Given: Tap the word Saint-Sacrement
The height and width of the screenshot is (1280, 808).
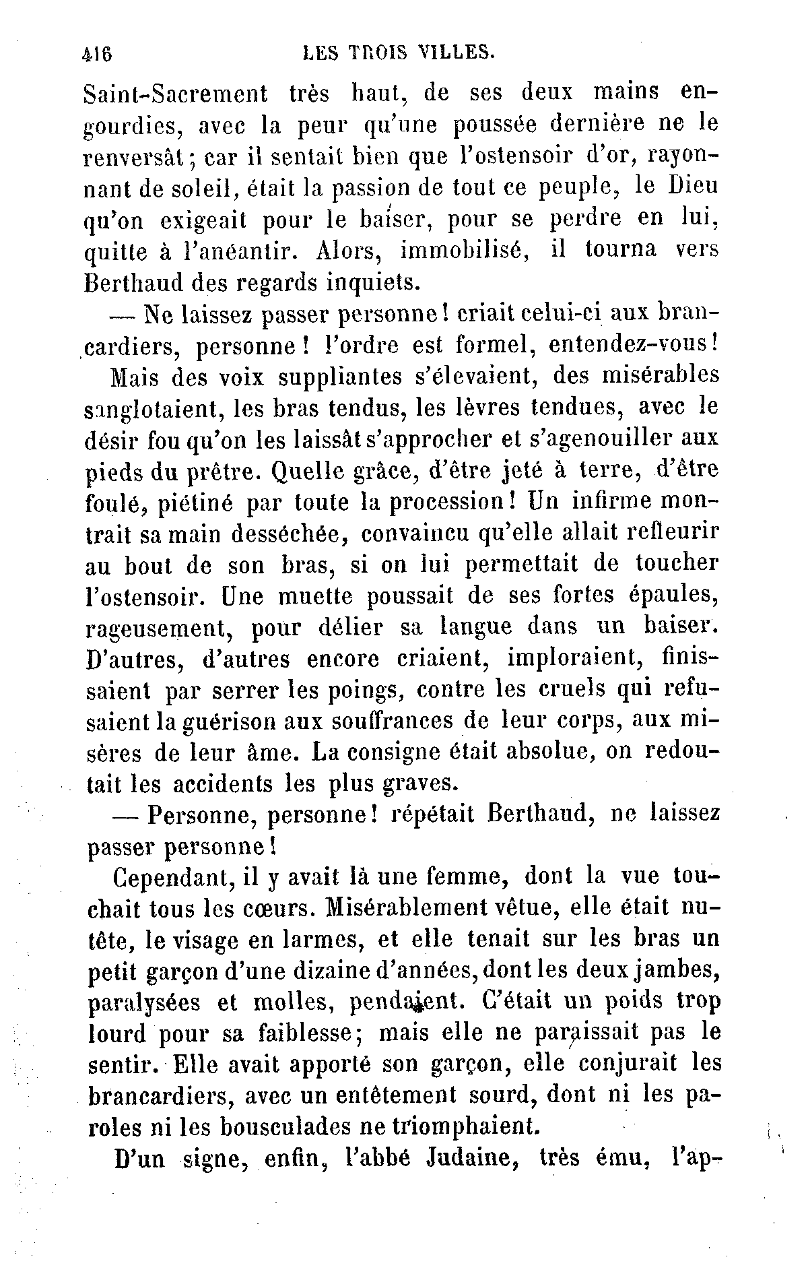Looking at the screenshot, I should pyautogui.click(x=176, y=95).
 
